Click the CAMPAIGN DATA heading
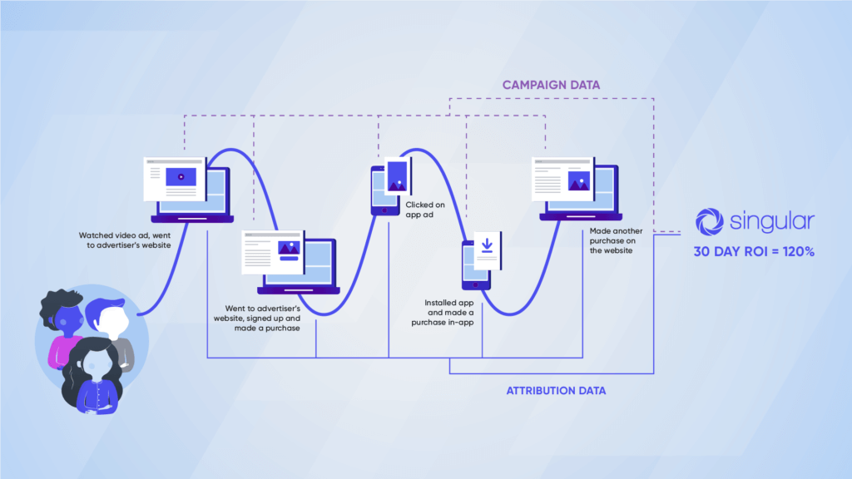pos(551,85)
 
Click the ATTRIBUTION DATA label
pos(556,391)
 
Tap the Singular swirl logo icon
pos(710,221)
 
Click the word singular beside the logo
pos(772,221)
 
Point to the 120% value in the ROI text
pos(798,251)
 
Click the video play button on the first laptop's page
pos(181,176)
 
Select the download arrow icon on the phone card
pos(487,245)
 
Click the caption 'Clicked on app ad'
pos(425,210)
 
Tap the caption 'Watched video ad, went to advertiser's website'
pos(125,240)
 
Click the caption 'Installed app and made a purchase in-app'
pos(443,313)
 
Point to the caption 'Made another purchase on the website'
pos(617,240)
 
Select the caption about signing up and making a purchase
pos(256,319)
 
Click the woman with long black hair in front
pos(93,375)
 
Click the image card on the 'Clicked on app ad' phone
pos(398,176)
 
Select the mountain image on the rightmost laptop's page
pos(579,180)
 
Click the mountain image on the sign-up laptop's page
pos(289,248)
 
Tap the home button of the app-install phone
pos(475,284)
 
